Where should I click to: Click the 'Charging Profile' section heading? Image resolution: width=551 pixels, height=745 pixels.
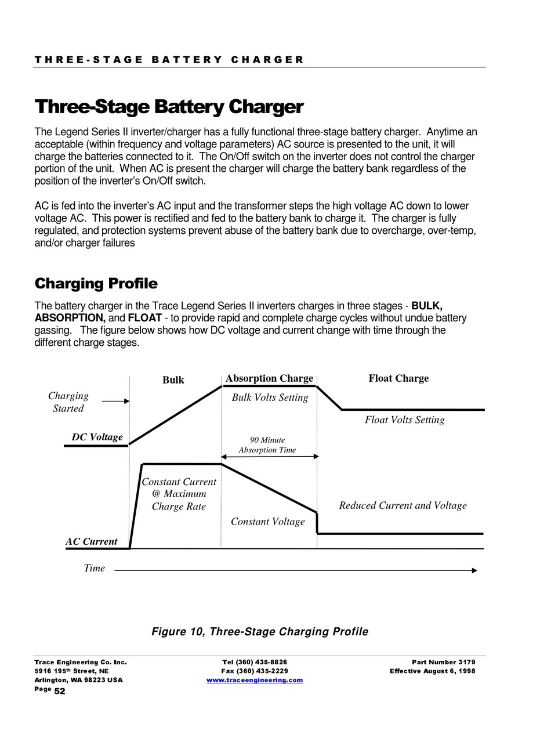tap(96, 284)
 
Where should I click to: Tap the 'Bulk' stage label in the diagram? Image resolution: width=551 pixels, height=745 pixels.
tap(173, 380)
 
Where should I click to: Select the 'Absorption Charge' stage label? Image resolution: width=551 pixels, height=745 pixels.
tap(269, 378)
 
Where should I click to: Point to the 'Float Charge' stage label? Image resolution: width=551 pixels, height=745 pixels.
tap(398, 378)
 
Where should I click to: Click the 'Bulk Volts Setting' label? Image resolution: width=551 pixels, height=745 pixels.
tap(270, 398)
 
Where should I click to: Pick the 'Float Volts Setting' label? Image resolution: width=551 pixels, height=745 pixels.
tap(404, 420)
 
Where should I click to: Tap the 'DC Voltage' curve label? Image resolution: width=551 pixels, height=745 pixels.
tap(97, 437)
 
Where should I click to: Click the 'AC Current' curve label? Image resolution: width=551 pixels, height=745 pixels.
tap(91, 541)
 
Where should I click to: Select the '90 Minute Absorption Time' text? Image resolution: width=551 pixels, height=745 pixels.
tap(267, 445)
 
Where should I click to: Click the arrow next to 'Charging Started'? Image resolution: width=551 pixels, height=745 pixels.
tap(115, 401)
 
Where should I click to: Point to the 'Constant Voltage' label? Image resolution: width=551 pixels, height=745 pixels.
tap(267, 522)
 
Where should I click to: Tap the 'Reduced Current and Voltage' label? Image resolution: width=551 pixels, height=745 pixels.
tap(403, 505)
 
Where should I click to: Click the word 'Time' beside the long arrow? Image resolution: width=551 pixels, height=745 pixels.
tap(94, 568)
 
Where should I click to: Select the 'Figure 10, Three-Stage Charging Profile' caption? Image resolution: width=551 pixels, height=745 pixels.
tap(260, 631)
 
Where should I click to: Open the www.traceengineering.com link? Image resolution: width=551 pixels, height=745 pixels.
tap(255, 680)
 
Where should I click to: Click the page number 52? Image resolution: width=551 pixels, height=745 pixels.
tap(60, 691)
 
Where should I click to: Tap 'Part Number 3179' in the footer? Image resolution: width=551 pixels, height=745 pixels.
tap(443, 662)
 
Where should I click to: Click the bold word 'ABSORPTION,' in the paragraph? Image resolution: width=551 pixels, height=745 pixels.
tap(70, 318)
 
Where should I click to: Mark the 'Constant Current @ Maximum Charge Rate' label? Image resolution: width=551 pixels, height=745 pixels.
tap(179, 494)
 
